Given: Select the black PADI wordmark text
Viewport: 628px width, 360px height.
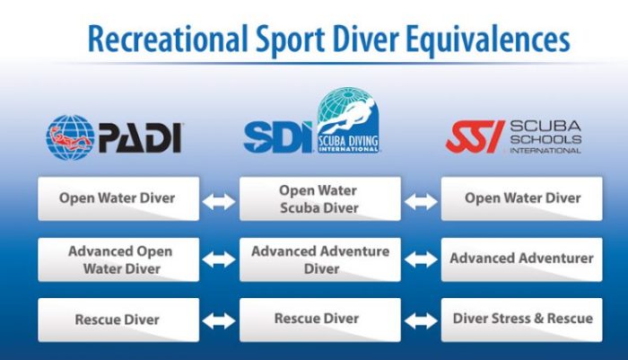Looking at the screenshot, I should pos(139,137).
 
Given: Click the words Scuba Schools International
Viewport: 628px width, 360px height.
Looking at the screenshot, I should pos(545,136).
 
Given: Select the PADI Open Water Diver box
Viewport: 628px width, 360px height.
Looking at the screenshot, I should pos(118,198).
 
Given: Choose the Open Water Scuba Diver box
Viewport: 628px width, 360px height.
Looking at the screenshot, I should pos(318,198).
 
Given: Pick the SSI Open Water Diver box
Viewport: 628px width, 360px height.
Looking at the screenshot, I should pos(521,198).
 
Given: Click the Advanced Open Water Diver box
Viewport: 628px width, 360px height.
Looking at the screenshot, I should pos(118,259).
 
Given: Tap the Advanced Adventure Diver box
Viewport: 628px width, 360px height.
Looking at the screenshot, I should pos(318,259).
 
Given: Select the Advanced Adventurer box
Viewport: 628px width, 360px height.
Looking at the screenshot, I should pos(521,259).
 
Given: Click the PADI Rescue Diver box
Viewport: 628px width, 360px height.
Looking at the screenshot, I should pos(118,319).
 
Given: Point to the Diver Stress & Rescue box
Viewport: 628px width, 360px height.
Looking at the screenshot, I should pos(521,319).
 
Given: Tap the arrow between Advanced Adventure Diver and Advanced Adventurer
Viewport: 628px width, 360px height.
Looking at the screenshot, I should pos(420,260).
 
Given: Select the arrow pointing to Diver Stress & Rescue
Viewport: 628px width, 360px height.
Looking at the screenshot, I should pos(420,320).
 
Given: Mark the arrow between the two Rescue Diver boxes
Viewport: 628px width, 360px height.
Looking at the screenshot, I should pos(219,320).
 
